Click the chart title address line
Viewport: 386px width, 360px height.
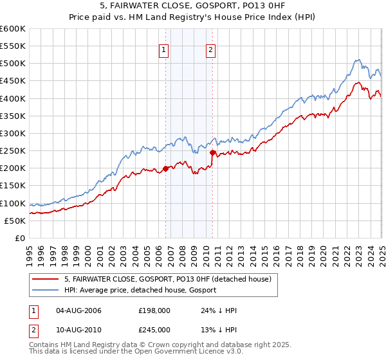192,6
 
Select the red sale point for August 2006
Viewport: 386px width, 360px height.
165,168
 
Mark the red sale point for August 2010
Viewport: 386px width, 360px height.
212,152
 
